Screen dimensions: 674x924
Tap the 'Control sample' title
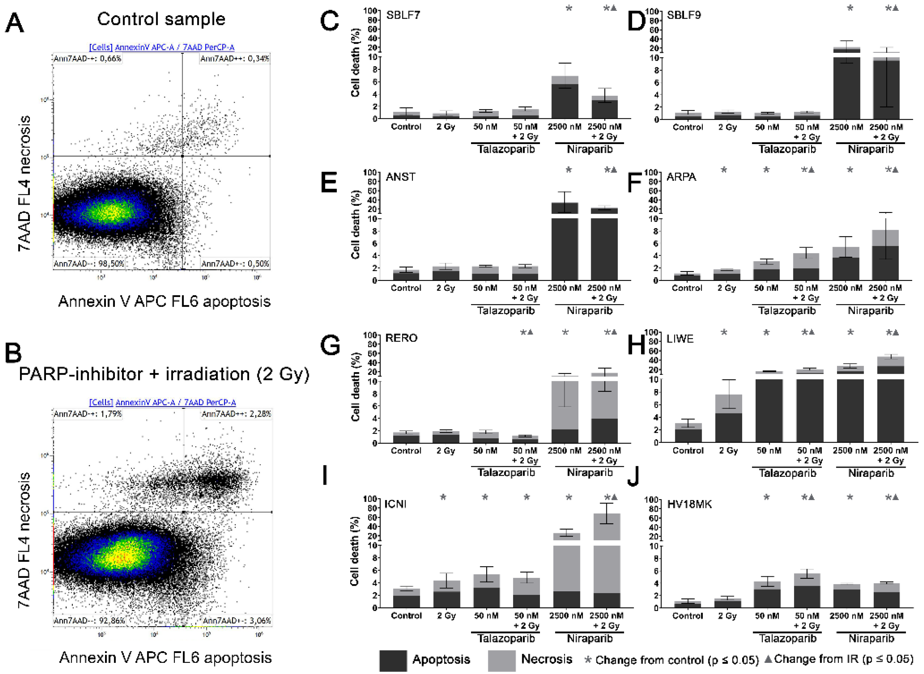click(x=161, y=19)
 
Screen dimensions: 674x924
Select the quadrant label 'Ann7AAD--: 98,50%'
click(x=89, y=263)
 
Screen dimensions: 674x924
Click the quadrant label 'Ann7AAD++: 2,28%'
click(x=236, y=414)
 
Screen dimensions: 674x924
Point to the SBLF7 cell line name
click(x=403, y=15)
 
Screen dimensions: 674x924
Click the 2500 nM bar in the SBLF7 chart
click(x=565, y=98)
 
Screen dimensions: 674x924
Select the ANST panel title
click(x=400, y=177)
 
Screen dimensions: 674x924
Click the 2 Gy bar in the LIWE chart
click(x=728, y=418)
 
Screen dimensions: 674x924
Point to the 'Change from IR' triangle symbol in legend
click(x=768, y=659)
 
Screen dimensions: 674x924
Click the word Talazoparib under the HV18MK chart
click(x=787, y=639)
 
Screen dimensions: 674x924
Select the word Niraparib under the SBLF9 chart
click(x=870, y=149)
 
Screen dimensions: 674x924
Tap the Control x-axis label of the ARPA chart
click(x=687, y=288)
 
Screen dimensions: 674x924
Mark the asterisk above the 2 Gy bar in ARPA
click(x=724, y=170)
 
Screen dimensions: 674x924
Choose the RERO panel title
click(x=401, y=338)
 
